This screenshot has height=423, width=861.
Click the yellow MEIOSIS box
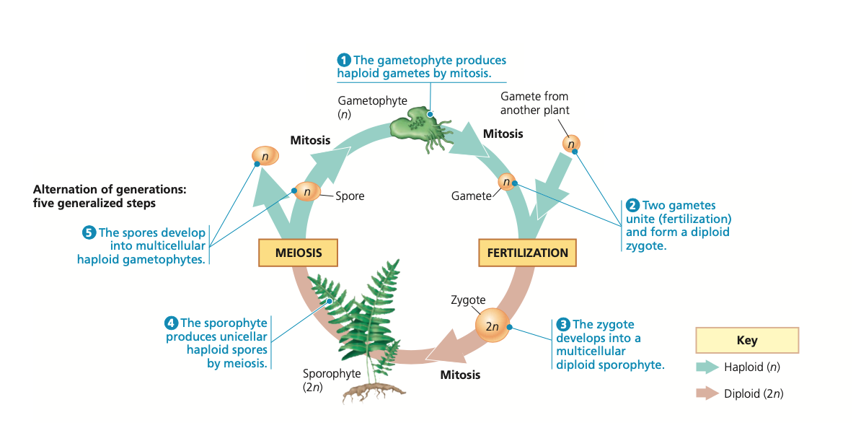click(298, 253)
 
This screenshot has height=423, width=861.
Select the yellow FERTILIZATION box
click(527, 253)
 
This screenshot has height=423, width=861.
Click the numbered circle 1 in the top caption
click(345, 60)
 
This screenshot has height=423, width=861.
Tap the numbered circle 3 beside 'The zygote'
click(564, 325)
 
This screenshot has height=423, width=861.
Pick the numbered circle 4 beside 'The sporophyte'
click(172, 323)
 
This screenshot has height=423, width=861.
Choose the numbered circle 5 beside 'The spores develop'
click(89, 232)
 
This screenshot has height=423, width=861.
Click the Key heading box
click(746, 340)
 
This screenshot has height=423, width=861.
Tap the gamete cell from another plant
click(571, 144)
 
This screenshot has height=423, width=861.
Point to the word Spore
click(350, 196)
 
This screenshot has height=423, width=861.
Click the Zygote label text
click(468, 300)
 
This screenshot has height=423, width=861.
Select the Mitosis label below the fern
click(460, 375)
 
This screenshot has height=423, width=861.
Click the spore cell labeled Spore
click(307, 192)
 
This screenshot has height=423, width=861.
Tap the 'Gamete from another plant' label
click(534, 103)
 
